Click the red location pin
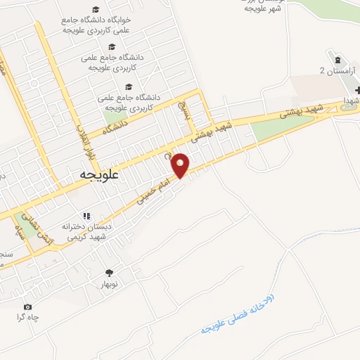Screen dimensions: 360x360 pos(181,165)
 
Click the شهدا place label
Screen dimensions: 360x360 pos(350,100)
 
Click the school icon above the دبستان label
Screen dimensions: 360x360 pos(86,216)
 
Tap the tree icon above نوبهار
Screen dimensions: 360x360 pos(108,272)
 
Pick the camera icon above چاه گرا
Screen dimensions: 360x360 pos(27,307)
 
